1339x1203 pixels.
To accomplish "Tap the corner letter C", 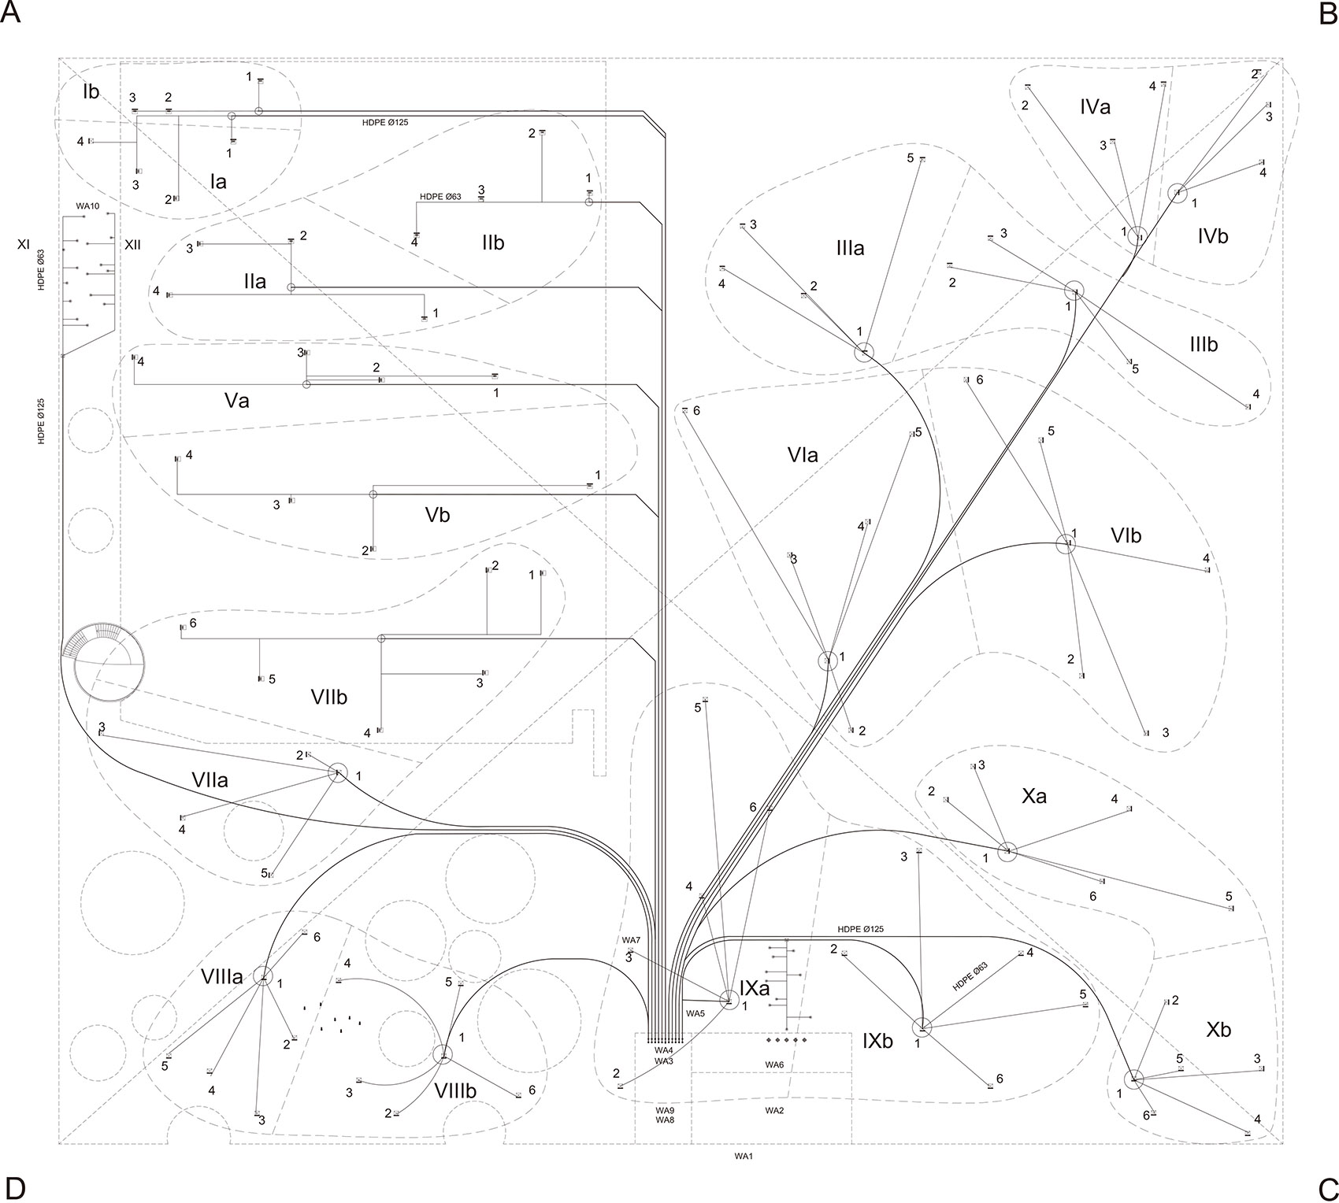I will [x=1326, y=1187].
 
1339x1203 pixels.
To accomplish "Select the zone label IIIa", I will [x=851, y=249].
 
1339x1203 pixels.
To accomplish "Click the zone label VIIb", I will [x=328, y=696].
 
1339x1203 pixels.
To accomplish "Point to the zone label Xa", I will [x=1034, y=796].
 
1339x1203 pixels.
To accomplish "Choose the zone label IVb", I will [x=1212, y=235].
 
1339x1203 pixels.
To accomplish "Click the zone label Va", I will [x=236, y=400].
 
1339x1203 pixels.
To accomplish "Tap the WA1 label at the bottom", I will [x=745, y=1157].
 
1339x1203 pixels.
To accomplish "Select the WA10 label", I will [x=87, y=206].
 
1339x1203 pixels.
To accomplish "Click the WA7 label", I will [x=632, y=940].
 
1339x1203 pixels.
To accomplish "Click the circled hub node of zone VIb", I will [x=1065, y=543].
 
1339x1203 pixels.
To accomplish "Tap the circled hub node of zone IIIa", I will [x=864, y=352].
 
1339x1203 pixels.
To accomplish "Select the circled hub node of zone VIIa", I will [x=338, y=772].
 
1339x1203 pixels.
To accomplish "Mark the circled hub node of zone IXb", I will [x=922, y=1027].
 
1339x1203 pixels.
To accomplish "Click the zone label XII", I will [x=132, y=245].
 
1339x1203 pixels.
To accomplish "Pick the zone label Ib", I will [x=91, y=91].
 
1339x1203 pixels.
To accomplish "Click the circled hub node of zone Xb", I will [x=1134, y=1079].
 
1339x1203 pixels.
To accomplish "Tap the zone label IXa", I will [x=754, y=988].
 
